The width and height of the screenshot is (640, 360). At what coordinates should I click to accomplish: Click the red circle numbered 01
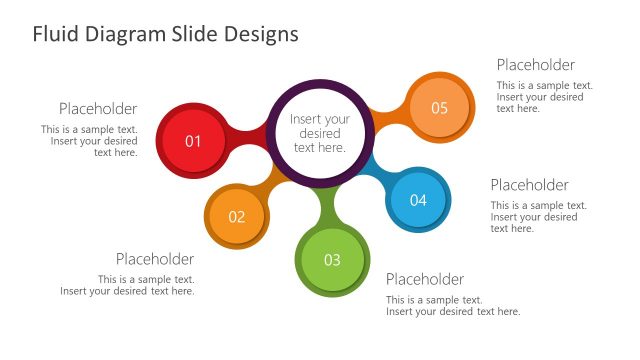tap(194, 141)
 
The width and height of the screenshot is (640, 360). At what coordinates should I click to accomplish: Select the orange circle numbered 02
tap(237, 216)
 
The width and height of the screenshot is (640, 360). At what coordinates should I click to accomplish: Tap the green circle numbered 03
tap(332, 260)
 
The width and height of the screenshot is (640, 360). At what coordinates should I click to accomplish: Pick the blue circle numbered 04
tap(418, 200)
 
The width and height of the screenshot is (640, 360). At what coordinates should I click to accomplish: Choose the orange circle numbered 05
tap(440, 108)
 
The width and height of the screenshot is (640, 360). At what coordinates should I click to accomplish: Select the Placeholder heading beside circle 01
tap(98, 109)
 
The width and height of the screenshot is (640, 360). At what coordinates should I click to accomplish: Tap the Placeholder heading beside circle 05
tap(536, 65)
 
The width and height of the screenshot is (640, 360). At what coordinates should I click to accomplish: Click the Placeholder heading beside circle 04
tap(529, 185)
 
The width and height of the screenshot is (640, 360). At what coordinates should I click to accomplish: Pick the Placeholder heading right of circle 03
tap(425, 279)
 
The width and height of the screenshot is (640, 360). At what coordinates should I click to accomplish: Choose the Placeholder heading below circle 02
tap(155, 259)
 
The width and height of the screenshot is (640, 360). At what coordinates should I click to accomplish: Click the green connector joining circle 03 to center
tap(327, 205)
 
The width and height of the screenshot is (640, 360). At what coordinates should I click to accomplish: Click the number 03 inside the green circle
tap(332, 260)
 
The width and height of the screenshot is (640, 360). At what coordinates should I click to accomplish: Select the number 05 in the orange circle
tap(440, 108)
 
